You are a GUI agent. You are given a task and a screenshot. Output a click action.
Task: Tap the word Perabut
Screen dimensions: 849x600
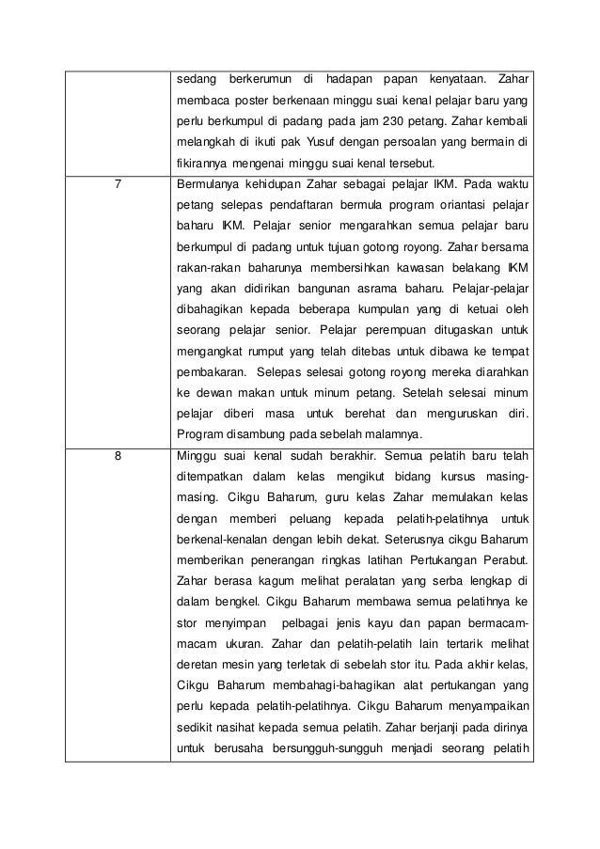click(x=500, y=562)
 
